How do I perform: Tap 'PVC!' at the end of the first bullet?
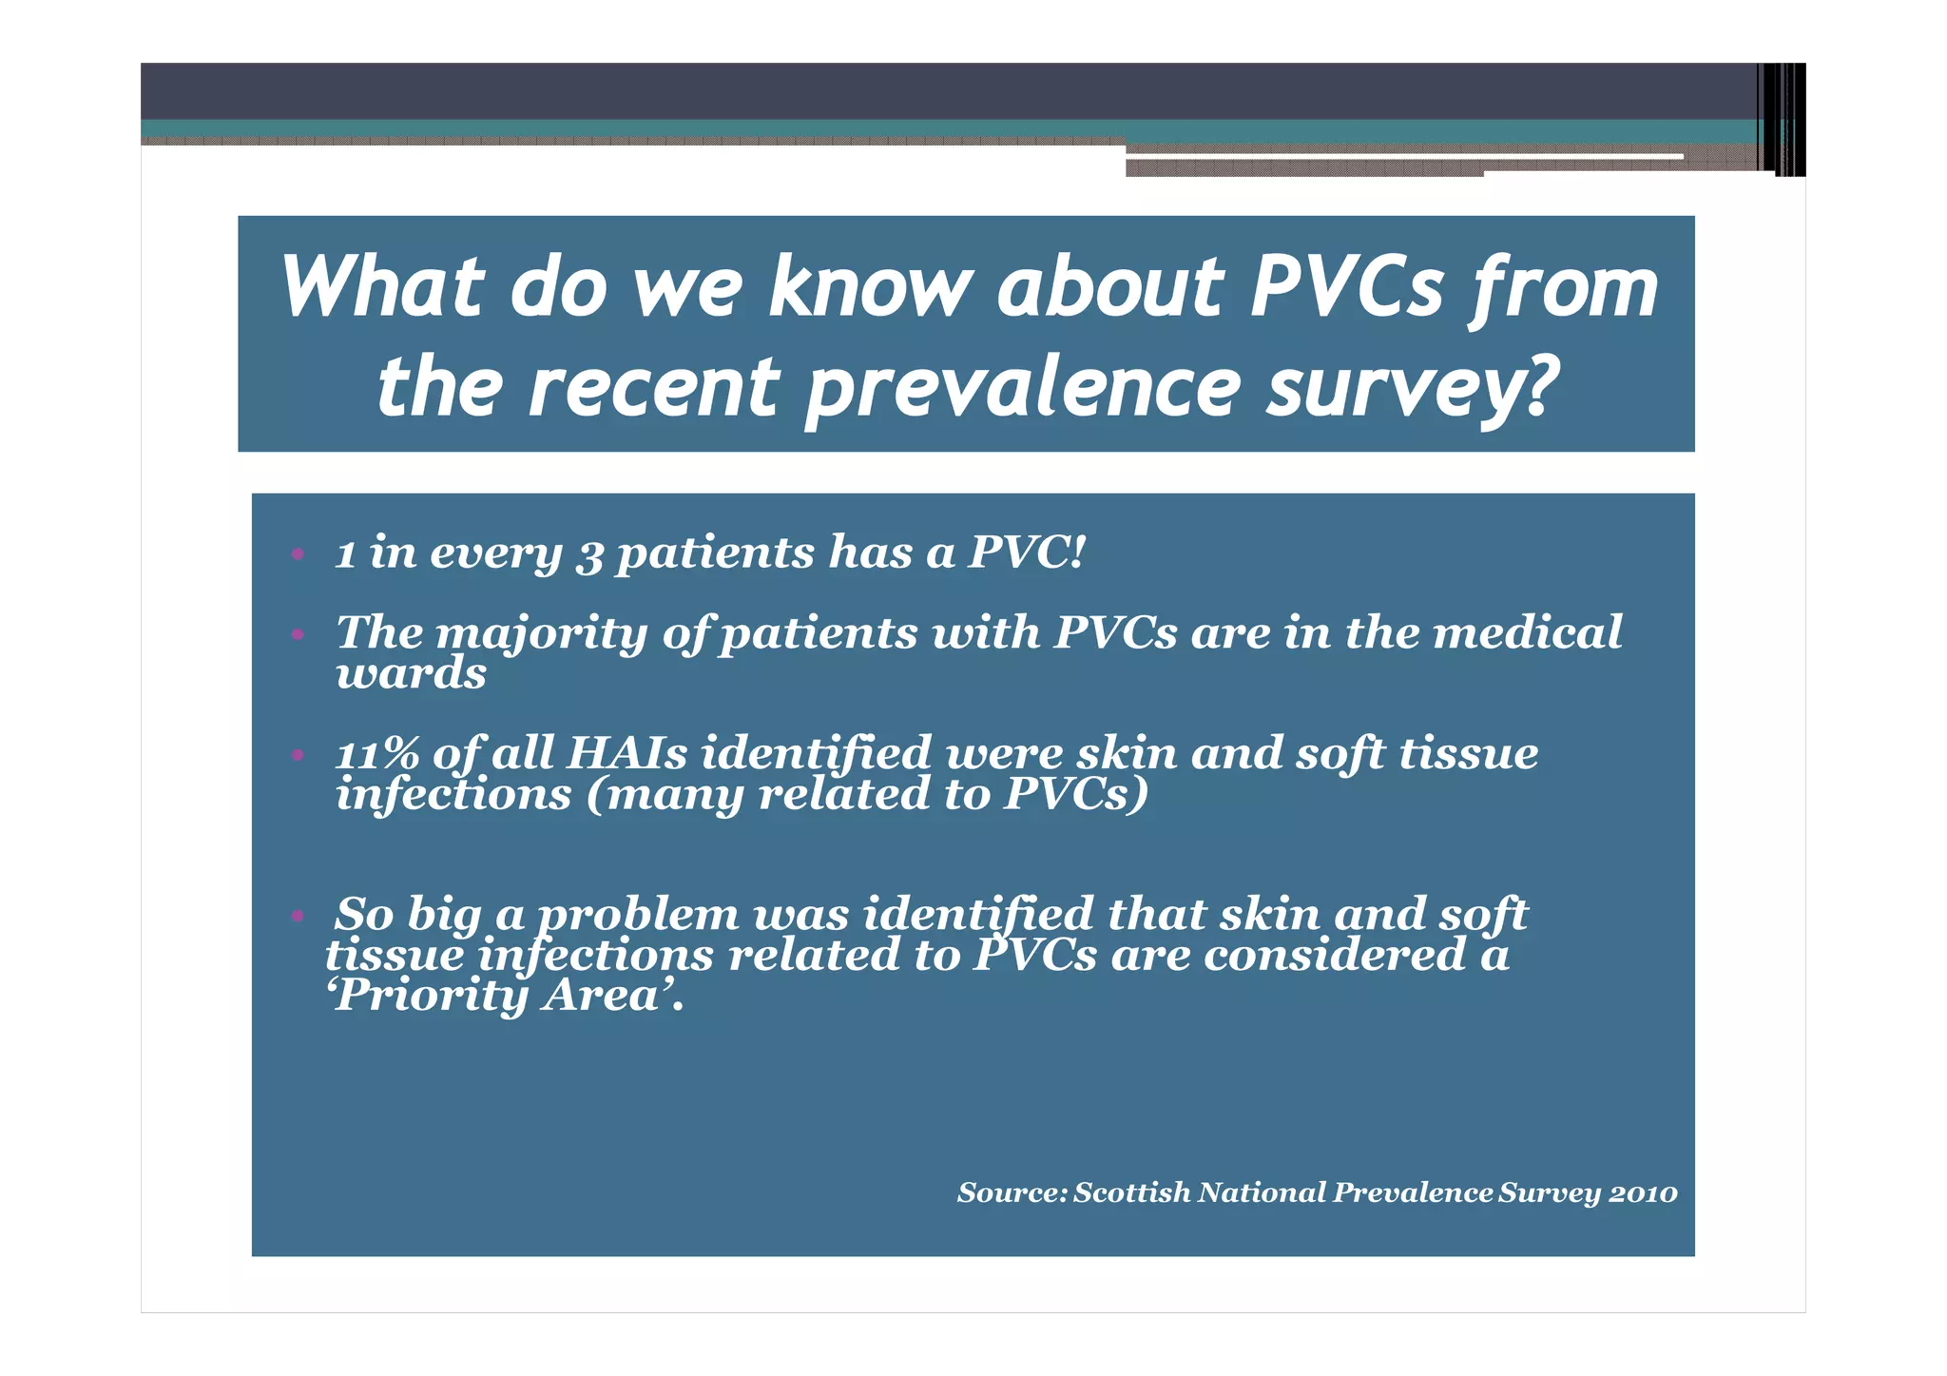coord(1026,552)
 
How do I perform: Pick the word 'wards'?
coord(411,674)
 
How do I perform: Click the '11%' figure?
coord(376,754)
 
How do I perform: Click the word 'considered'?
coord(1334,956)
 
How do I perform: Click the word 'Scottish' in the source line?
coord(1131,1192)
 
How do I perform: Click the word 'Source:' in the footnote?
coord(1012,1192)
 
